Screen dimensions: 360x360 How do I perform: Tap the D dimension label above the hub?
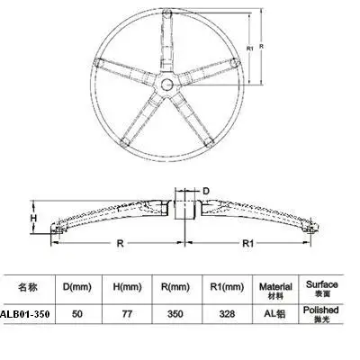(205, 191)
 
